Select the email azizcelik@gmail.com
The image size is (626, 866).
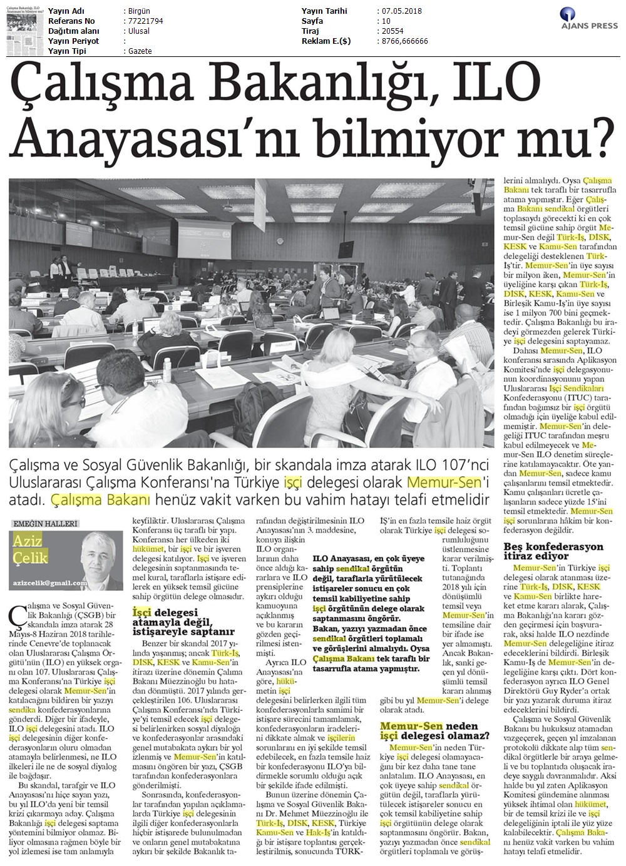[50, 583]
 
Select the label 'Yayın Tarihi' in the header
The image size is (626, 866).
[324, 11]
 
